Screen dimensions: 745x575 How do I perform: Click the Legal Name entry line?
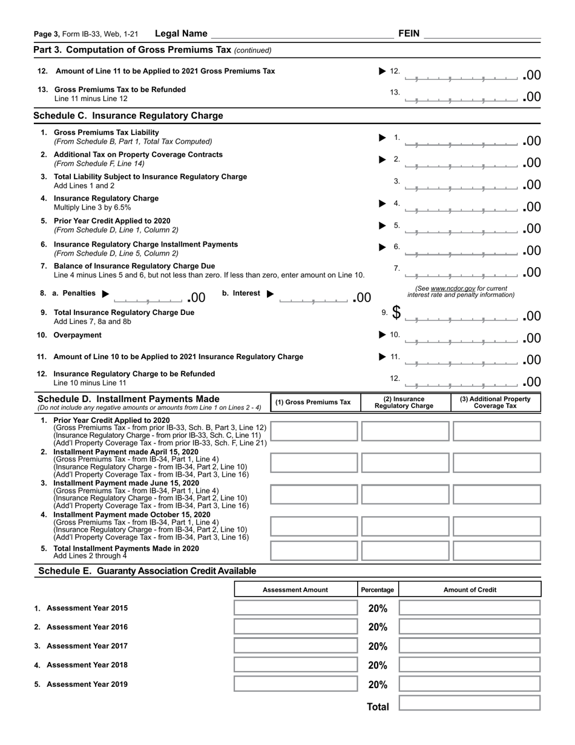301,35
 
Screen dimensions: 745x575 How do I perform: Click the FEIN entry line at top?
482,35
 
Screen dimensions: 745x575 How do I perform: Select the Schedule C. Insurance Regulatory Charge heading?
128,116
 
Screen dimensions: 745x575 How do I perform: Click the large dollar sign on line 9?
396,313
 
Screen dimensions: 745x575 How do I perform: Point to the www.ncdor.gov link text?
453,288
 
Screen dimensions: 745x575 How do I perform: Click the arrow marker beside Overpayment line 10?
382,335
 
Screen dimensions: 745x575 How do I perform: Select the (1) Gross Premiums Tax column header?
313,402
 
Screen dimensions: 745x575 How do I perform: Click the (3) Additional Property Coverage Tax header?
495,402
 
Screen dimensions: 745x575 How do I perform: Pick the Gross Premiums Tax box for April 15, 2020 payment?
313,463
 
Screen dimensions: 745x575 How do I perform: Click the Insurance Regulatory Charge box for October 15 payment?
405,526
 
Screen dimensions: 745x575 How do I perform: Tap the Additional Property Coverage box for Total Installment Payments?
496,551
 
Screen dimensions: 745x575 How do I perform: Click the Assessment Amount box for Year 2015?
295,608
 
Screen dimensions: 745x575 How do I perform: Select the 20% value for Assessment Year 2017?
378,646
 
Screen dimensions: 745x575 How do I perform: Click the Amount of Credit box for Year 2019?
470,684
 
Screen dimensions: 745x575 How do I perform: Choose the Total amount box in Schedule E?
470,703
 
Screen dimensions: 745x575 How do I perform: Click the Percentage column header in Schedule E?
378,589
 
